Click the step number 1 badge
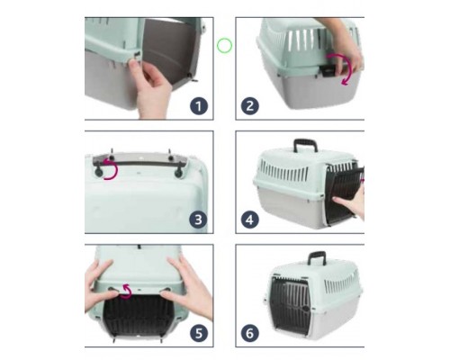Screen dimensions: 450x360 click(x=199, y=105)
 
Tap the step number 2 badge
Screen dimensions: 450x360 click(x=250, y=105)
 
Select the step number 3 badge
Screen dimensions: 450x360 click(x=198, y=220)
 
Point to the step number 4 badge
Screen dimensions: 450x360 click(x=250, y=220)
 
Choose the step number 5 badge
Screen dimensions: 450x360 click(x=199, y=333)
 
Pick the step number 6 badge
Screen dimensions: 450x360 click(x=250, y=333)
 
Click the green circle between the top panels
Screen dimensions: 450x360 click(x=224, y=46)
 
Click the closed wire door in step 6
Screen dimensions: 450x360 click(x=291, y=304)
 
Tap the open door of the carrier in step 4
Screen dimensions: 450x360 click(x=345, y=194)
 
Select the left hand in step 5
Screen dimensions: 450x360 click(x=101, y=285)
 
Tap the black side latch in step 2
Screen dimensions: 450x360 click(x=327, y=71)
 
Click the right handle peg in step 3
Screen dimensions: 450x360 click(x=179, y=172)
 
